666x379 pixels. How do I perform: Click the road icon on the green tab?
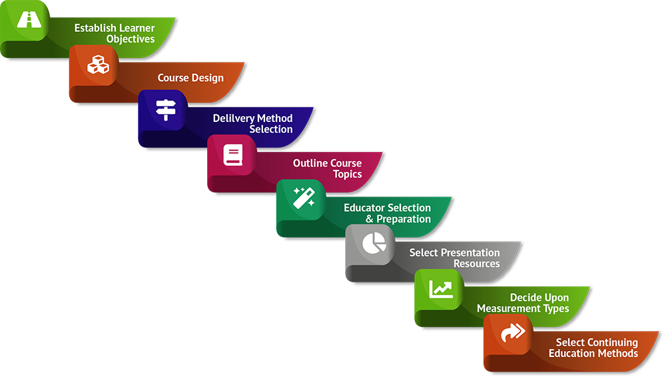click(29, 20)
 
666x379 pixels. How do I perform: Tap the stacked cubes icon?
click(98, 65)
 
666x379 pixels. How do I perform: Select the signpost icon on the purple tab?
click(164, 109)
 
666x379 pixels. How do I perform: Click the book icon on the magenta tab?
click(232, 155)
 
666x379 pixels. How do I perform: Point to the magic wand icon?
click(304, 198)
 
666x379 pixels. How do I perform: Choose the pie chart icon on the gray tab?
click(374, 244)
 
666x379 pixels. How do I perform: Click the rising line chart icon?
click(441, 288)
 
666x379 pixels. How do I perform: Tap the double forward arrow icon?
click(512, 332)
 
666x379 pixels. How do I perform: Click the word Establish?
click(95, 28)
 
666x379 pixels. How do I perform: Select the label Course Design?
click(190, 78)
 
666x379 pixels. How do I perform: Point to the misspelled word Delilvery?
click(234, 118)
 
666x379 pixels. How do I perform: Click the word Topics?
click(347, 174)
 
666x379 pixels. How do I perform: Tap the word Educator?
click(364, 208)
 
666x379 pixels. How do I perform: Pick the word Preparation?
click(404, 219)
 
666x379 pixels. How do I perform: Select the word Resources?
click(476, 264)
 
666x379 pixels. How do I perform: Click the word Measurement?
click(509, 308)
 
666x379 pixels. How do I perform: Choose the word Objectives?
click(131, 39)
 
